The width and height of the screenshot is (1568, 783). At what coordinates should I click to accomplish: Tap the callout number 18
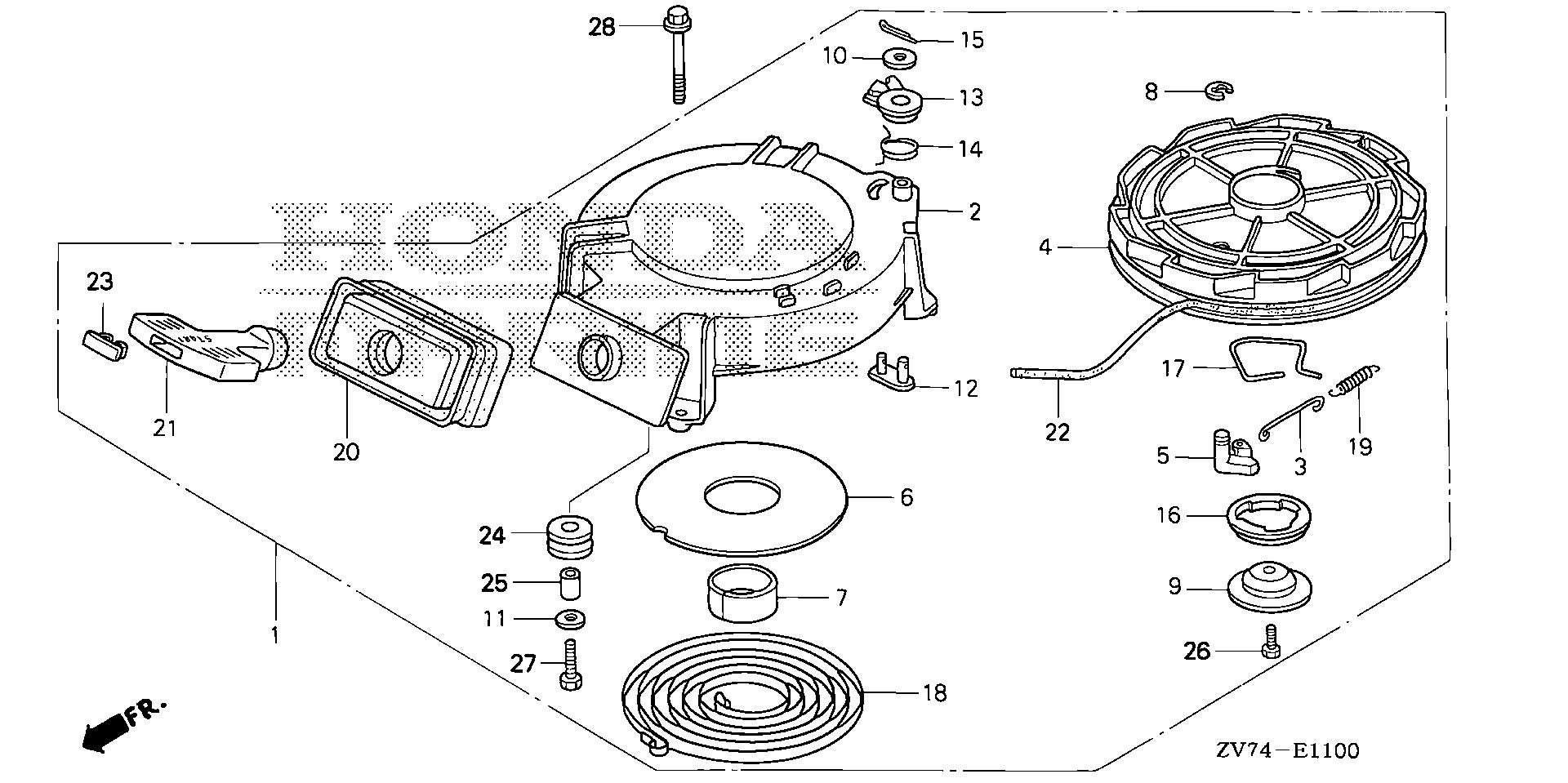click(934, 693)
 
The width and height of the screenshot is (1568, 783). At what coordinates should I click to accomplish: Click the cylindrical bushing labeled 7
click(742, 594)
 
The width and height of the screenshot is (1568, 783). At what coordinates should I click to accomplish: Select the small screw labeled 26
click(1268, 651)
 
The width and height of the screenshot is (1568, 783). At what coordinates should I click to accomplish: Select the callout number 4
click(1045, 246)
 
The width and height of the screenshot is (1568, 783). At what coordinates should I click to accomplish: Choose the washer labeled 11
click(570, 619)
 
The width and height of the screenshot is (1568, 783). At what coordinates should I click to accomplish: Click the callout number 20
click(345, 452)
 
